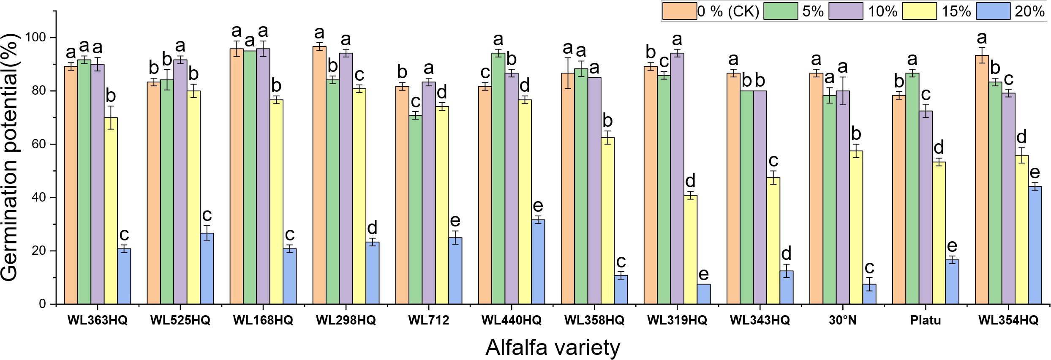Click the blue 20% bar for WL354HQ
tap(1034, 245)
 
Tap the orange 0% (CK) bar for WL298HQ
tap(319, 175)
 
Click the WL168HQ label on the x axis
tap(263, 320)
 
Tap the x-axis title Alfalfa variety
tap(553, 347)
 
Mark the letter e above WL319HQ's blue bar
tap(703, 274)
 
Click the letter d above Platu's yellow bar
tap(938, 148)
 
